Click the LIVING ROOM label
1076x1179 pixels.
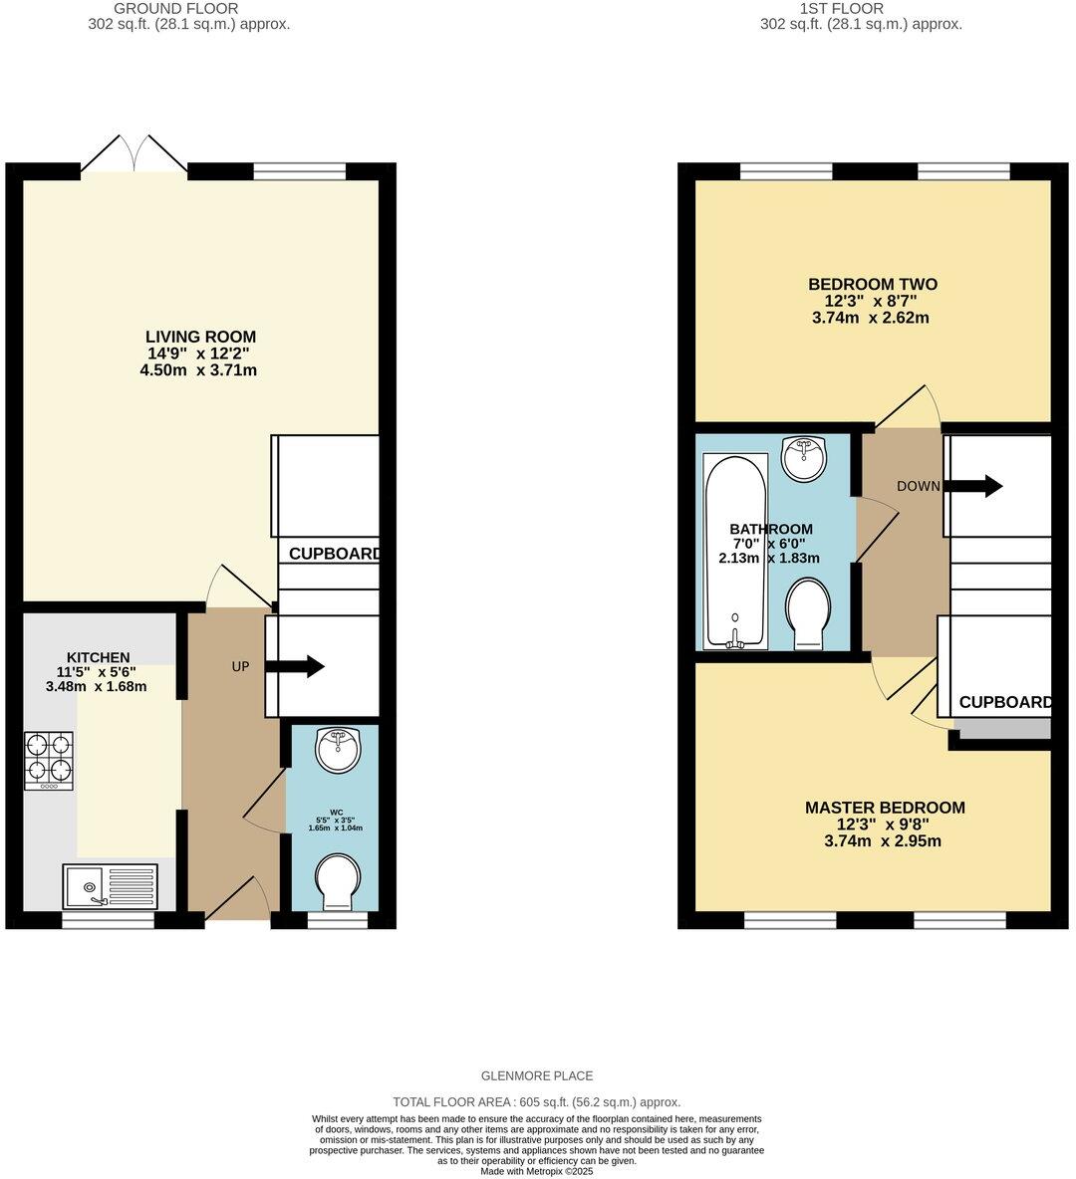[200, 337]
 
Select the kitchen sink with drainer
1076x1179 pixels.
[111, 885]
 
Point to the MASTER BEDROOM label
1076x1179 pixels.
[885, 808]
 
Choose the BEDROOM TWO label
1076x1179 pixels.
[872, 284]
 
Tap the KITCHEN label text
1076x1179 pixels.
[98, 657]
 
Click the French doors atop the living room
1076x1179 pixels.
[134, 155]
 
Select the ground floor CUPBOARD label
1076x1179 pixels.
[334, 554]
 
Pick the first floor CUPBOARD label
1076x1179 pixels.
[1004, 702]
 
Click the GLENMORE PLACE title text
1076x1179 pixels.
[537, 1075]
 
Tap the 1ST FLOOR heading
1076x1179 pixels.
[861, 8]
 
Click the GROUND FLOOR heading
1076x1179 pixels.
[188, 8]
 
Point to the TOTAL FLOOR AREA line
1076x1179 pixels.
[537, 1102]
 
